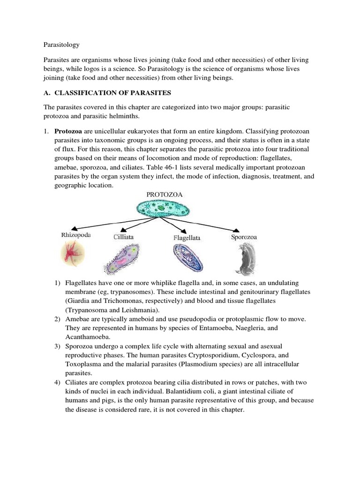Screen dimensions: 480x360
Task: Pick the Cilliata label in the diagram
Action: click(x=123, y=237)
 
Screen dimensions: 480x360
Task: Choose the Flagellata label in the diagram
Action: click(x=187, y=238)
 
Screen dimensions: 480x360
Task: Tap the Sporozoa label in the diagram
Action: click(x=244, y=237)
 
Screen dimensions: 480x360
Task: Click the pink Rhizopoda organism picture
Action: click(x=73, y=255)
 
